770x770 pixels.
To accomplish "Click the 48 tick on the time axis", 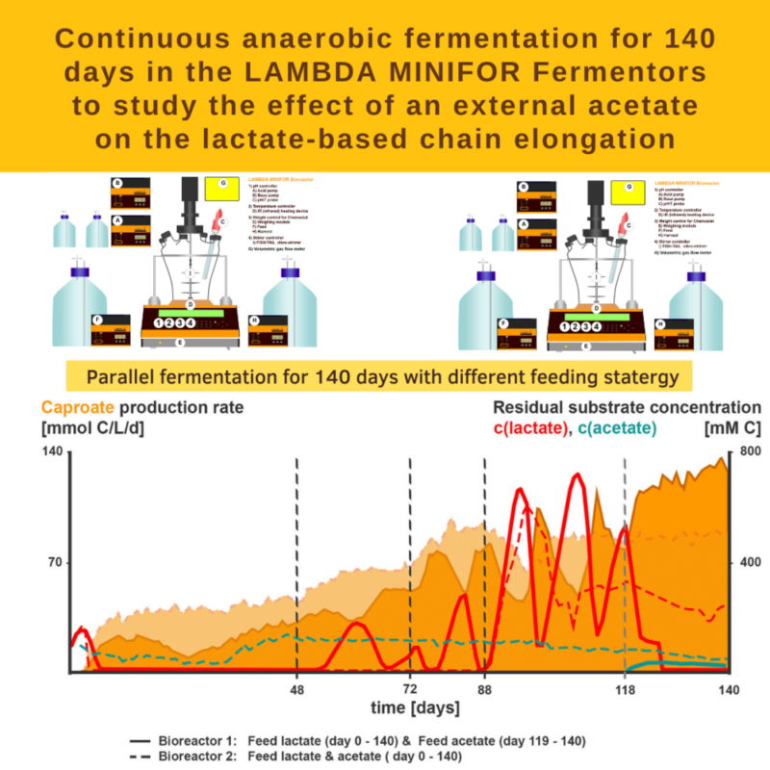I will (297, 689).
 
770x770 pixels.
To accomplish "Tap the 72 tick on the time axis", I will (411, 689).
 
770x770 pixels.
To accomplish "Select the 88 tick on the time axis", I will (485, 689).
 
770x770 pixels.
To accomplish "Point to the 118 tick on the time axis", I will (627, 689).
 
